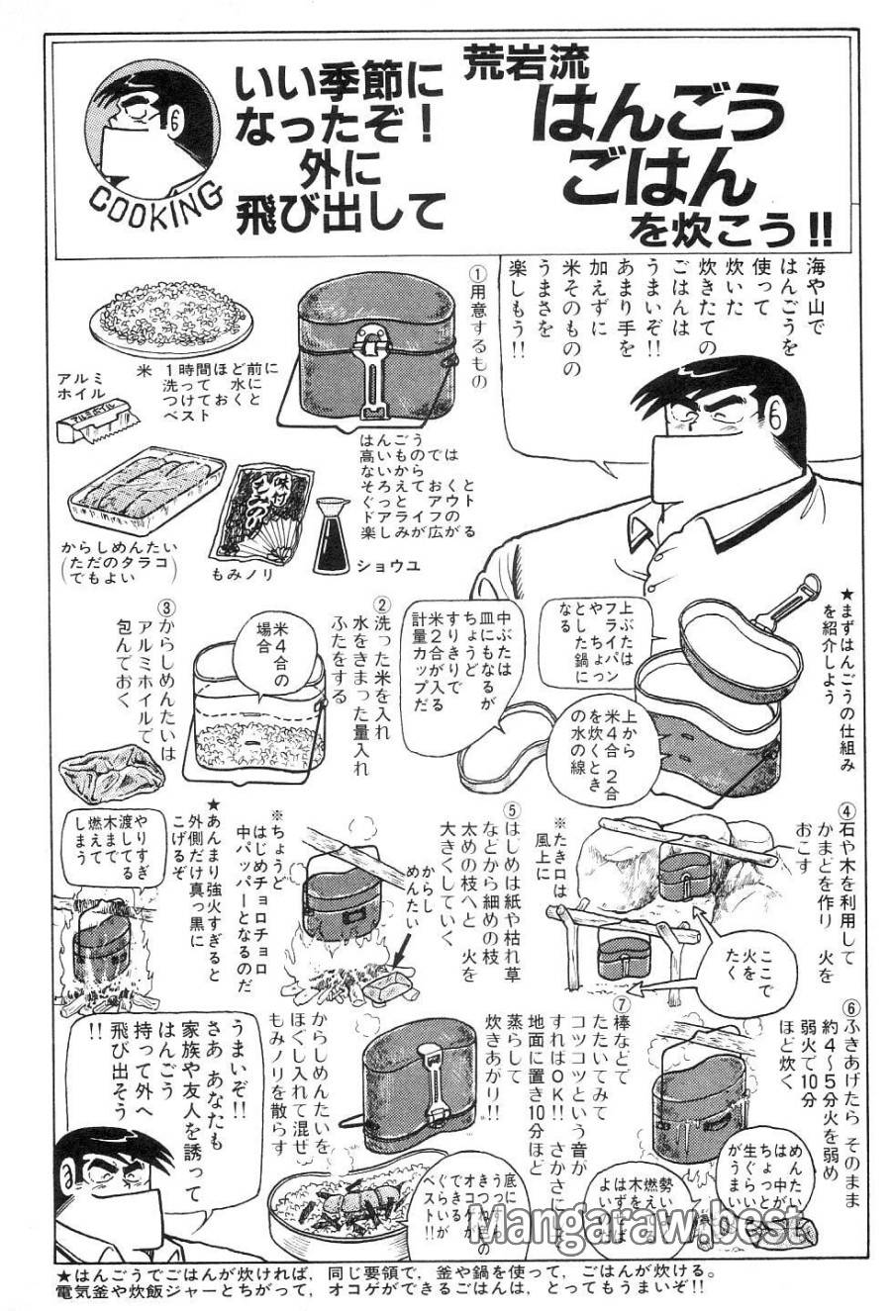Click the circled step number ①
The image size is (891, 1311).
(x=478, y=271)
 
